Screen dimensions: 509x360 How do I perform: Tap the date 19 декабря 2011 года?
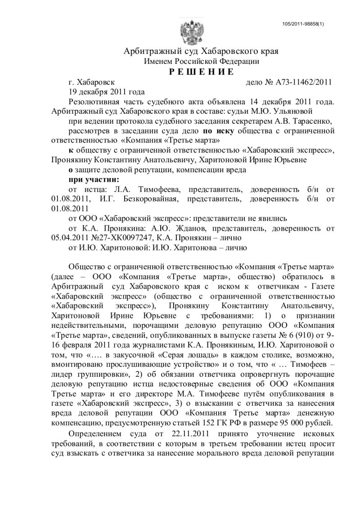click(x=100, y=92)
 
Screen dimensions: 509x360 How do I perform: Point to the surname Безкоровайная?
click(x=166, y=199)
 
